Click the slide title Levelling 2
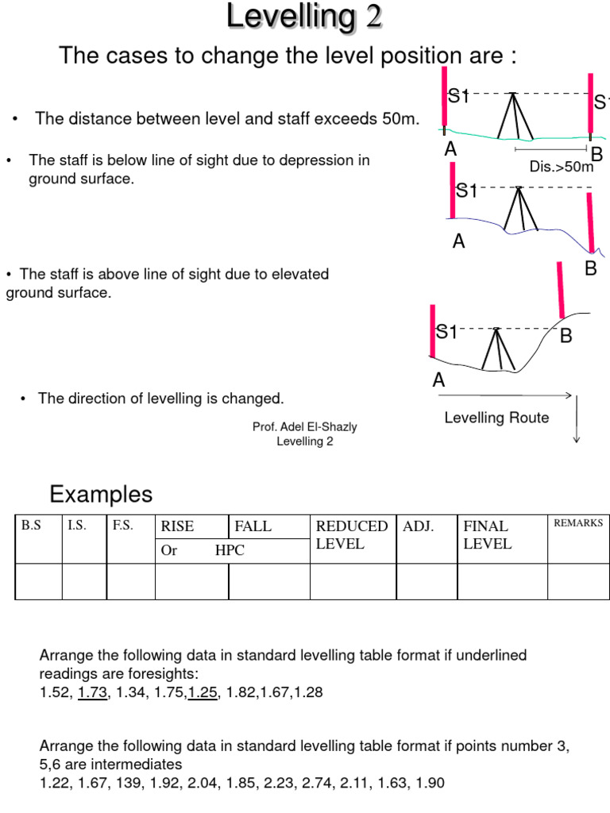point(305,17)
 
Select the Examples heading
point(101,495)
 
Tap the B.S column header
point(31,525)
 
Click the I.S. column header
point(77,525)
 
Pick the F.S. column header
point(122,525)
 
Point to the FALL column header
point(253,526)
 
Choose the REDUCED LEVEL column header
point(352,535)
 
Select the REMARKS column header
point(578,523)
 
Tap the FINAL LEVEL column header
point(486,535)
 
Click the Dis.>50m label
point(562,168)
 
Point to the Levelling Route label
point(496,418)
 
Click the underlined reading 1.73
point(91,692)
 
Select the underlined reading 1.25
point(203,692)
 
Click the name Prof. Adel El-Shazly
point(305,427)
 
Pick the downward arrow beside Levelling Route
point(577,418)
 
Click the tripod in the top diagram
point(513,116)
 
